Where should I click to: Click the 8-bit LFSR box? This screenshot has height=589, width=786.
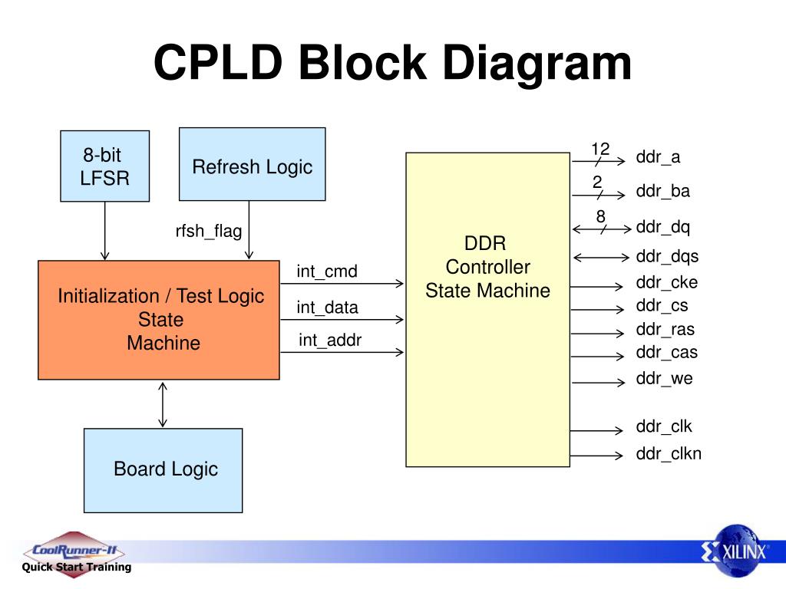(104, 166)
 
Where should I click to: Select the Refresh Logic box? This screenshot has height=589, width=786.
(252, 164)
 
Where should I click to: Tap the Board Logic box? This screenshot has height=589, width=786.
(163, 470)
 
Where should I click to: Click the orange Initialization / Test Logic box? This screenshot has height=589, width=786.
(159, 320)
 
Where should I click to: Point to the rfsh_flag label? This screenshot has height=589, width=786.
(209, 232)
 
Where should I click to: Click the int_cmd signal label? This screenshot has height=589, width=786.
(327, 271)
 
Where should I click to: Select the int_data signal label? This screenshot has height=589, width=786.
(327, 308)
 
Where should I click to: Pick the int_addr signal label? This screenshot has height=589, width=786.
(330, 341)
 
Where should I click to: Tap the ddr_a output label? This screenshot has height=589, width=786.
(658, 157)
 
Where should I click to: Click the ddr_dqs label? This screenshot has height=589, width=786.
(667, 257)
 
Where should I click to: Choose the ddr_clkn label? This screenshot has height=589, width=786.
(669, 454)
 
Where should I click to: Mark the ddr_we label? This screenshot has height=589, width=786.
(664, 379)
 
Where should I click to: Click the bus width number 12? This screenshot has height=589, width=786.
(600, 149)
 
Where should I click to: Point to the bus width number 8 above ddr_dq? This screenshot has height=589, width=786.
(600, 216)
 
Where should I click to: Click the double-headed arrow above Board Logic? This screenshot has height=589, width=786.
(163, 404)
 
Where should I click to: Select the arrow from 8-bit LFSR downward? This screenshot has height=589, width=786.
(104, 231)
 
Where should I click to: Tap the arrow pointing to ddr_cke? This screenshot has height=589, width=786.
(596, 287)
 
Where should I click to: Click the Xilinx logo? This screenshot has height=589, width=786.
(736, 551)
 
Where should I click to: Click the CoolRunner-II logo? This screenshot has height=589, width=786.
(74, 554)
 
